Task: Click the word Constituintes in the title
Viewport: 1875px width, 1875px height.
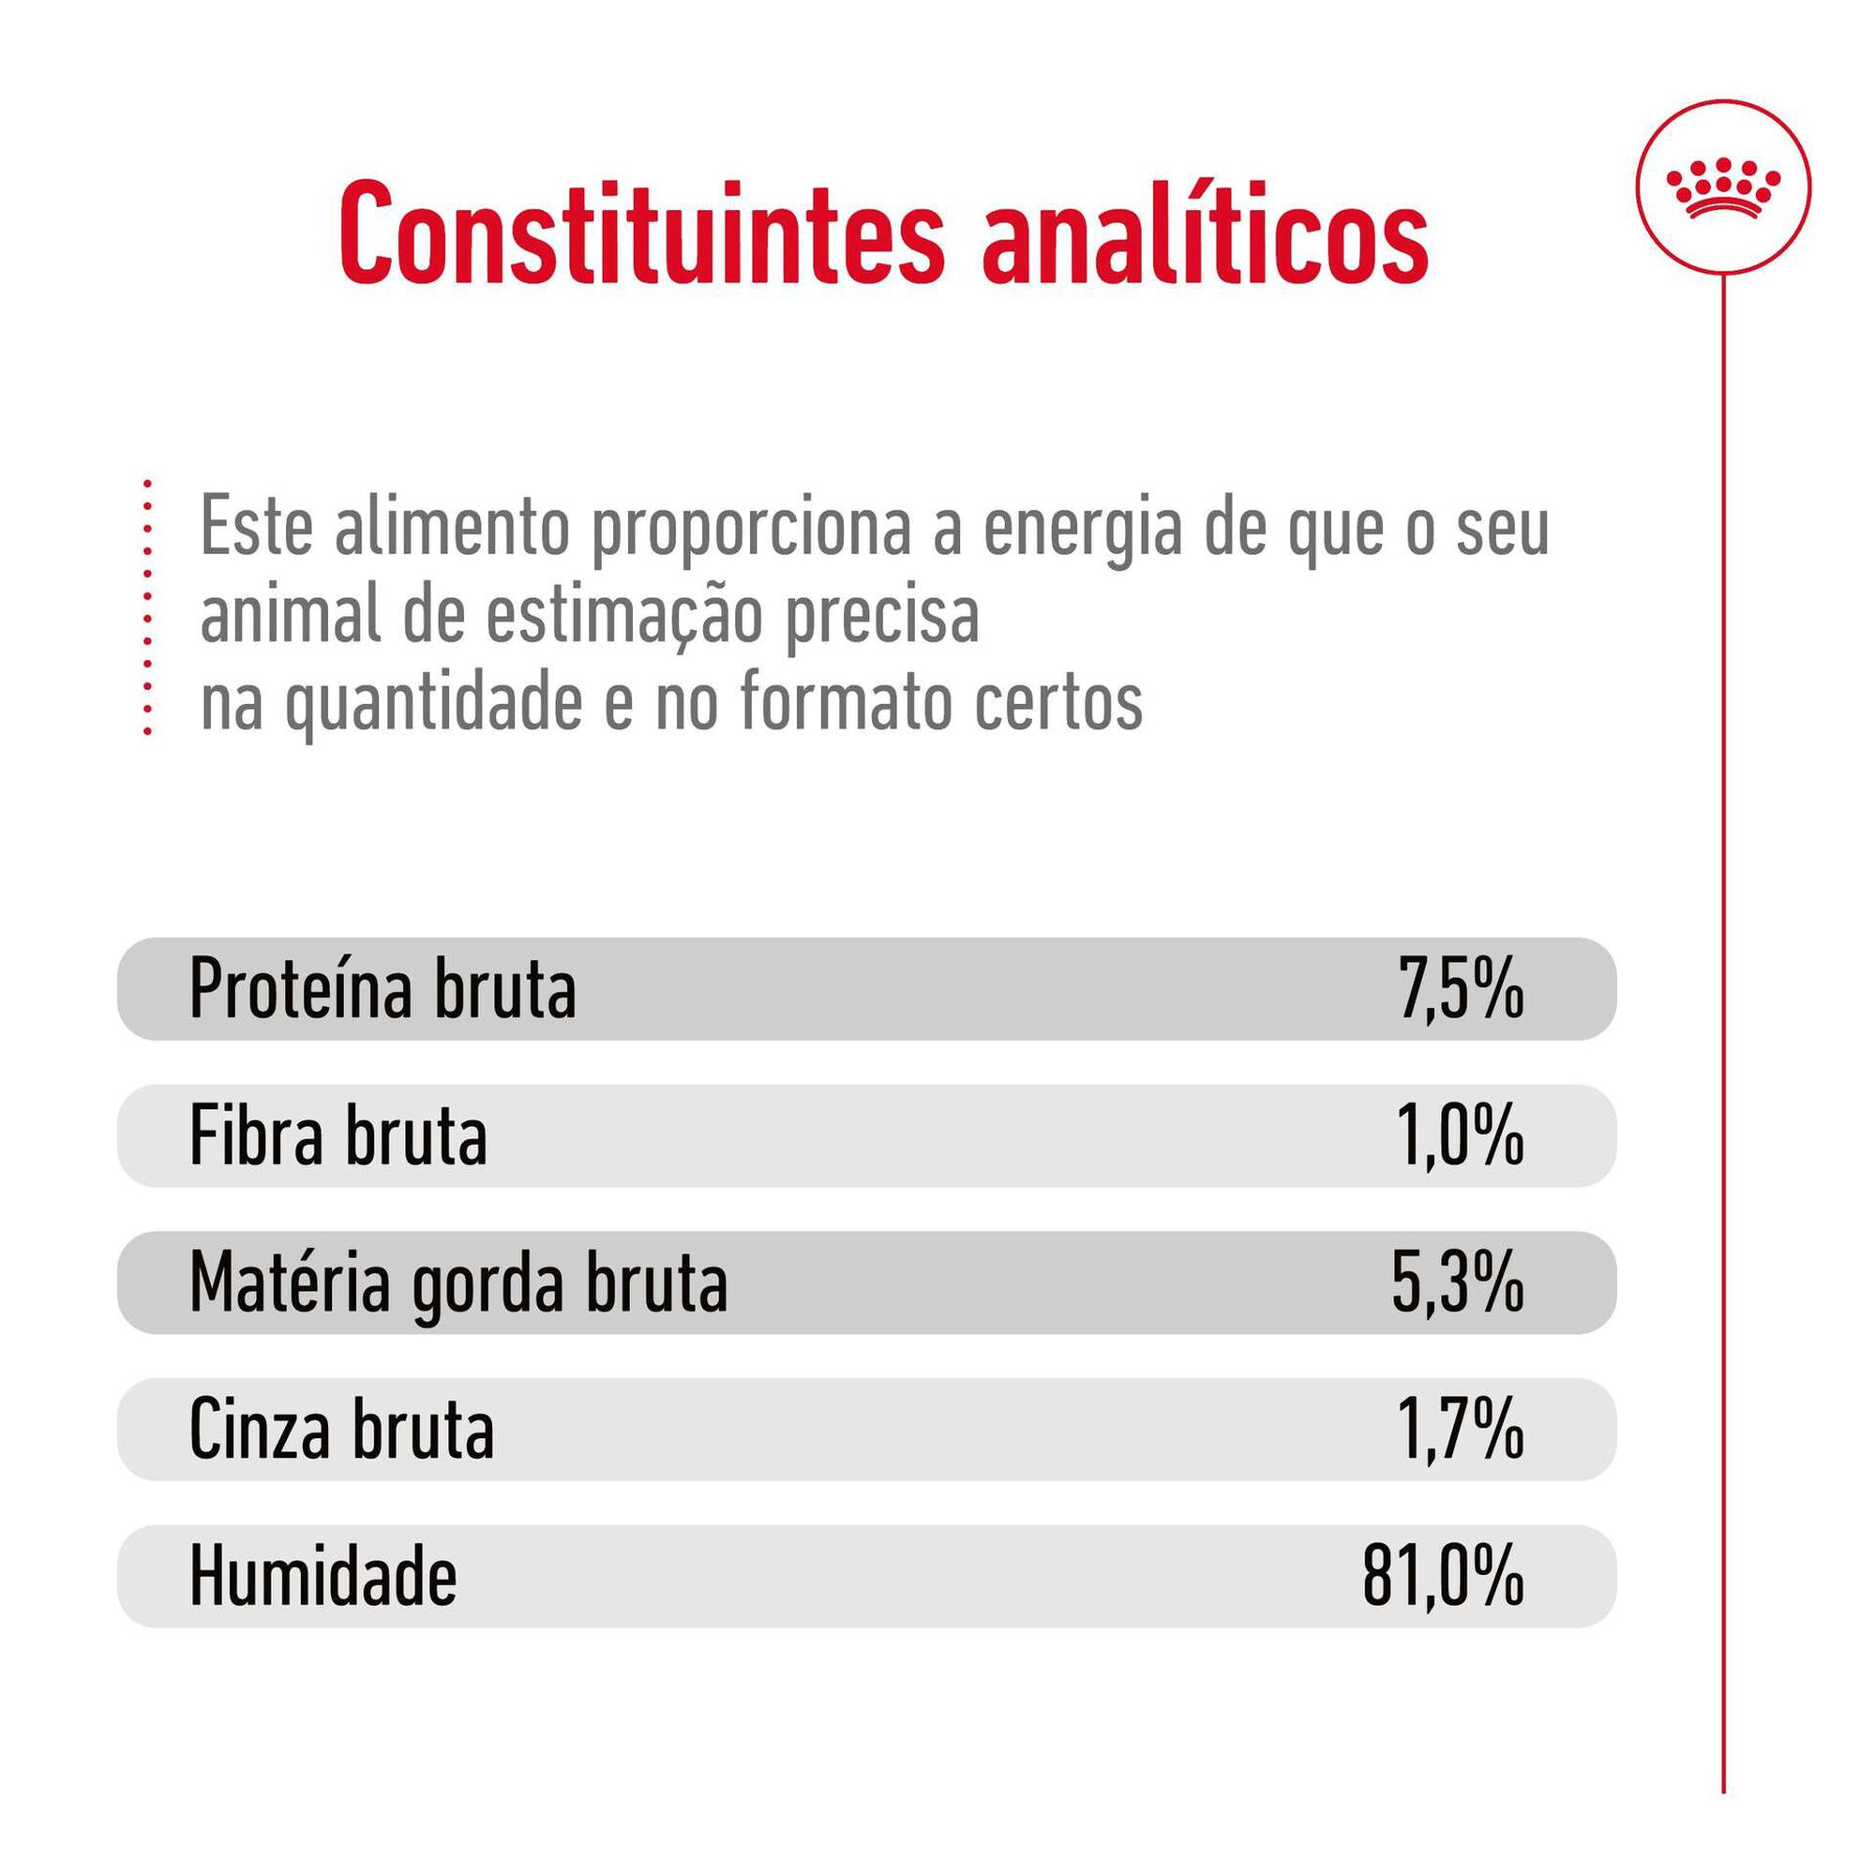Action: pos(641,232)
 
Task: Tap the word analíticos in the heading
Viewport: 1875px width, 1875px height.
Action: pos(1205,232)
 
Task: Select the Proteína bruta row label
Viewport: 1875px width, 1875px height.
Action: pos(382,990)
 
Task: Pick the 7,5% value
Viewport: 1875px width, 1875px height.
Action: pos(1461,990)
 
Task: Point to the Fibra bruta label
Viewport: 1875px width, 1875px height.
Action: pos(337,1136)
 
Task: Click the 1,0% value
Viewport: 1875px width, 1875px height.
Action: pos(1461,1136)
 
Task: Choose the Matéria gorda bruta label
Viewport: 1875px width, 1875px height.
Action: pos(458,1284)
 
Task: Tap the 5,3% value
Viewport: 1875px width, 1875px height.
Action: pos(1458,1284)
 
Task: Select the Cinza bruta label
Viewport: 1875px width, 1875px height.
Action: pos(341,1431)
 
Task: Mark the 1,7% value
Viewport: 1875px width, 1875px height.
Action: pos(1461,1431)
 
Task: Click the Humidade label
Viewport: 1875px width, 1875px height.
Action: pos(322,1577)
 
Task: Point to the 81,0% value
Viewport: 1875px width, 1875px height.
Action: pos(1443,1577)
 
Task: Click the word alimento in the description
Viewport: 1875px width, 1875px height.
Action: pos(452,529)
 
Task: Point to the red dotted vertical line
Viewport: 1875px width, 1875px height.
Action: pos(147,607)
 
